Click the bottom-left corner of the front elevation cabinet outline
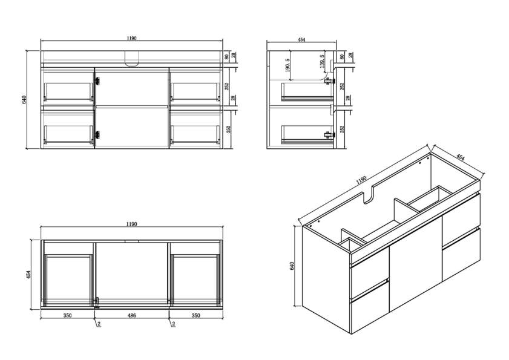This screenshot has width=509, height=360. coord(41,149)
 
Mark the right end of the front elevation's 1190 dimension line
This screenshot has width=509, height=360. coord(223,41)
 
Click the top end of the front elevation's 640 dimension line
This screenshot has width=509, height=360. coord(27,51)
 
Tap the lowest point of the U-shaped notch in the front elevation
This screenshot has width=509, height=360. coord(131,66)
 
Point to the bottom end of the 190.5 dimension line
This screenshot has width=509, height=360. coord(290,80)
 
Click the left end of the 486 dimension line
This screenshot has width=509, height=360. coord(94,318)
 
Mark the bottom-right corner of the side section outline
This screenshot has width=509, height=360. coord(337,149)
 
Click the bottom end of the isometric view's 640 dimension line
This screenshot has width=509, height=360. coord(295,306)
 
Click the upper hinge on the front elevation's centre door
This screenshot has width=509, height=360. coord(97,80)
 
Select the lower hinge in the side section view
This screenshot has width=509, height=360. coord(329,134)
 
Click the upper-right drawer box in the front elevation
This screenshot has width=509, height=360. coord(195,87)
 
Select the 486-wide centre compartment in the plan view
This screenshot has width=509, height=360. coord(131,273)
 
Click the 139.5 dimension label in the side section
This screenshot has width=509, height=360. coord(322,62)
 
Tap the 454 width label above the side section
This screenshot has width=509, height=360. coord(301,39)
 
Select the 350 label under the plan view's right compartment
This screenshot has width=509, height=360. coord(195,315)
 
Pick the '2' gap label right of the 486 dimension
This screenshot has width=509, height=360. coord(173,324)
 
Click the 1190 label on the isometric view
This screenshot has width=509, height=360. coord(361,180)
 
